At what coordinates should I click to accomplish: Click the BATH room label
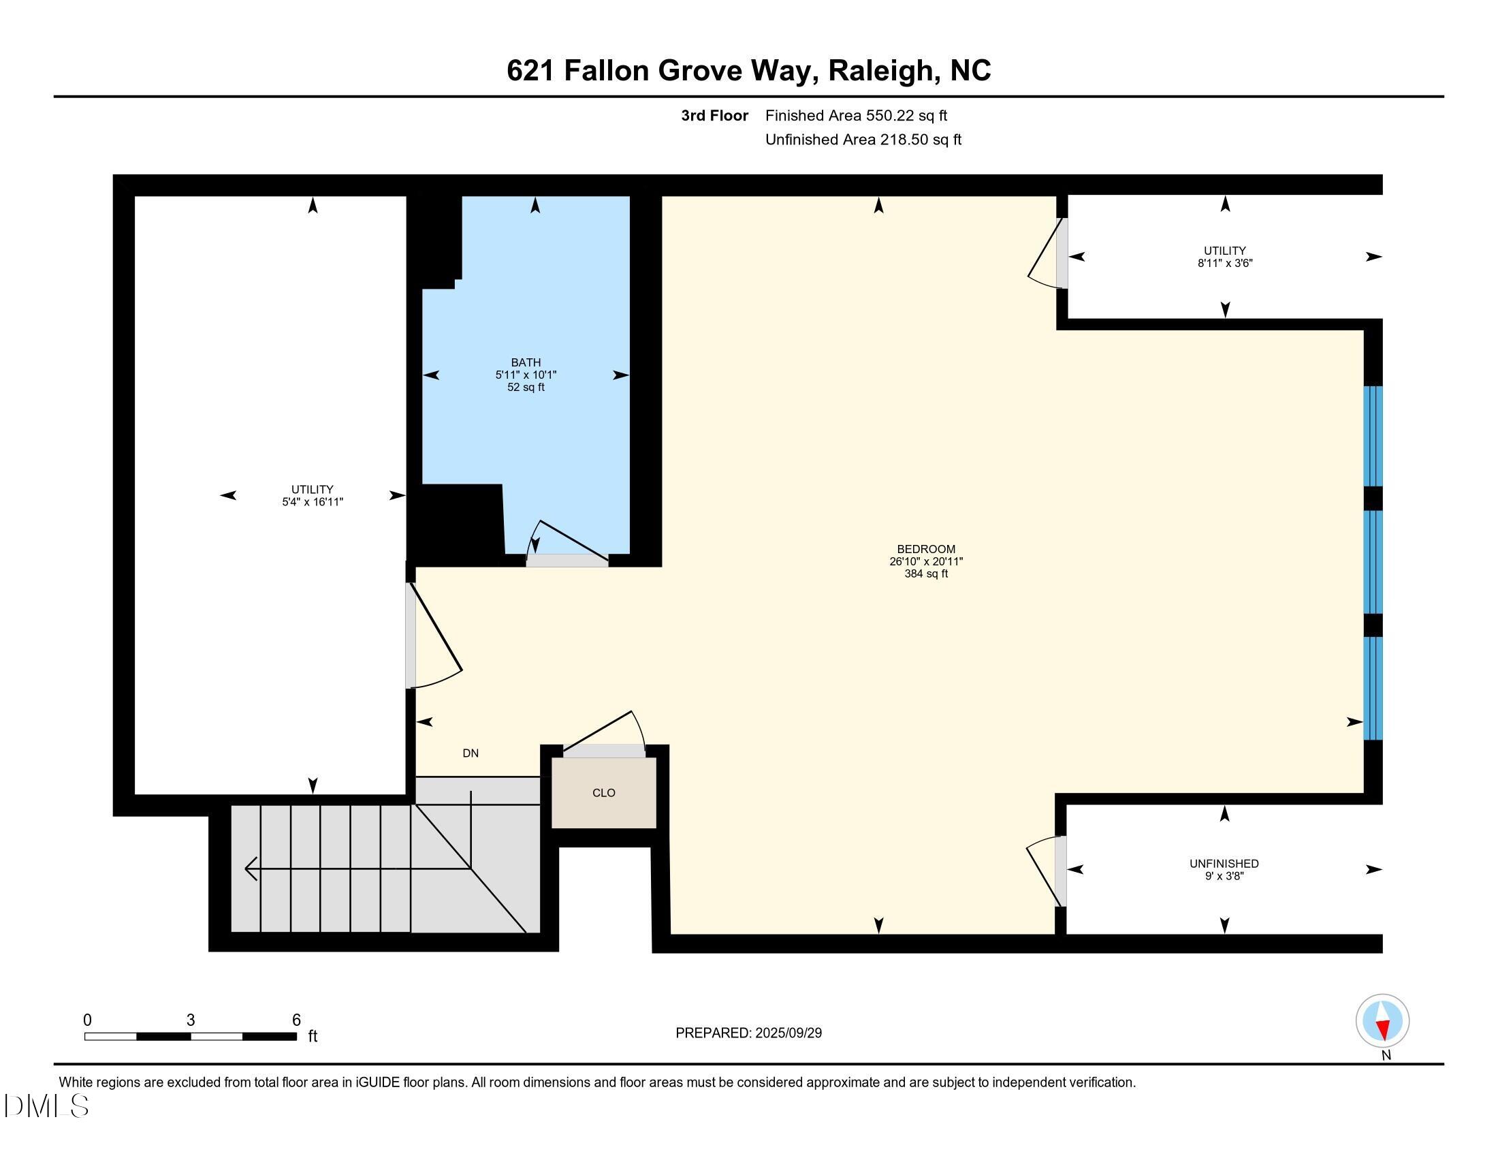coord(526,362)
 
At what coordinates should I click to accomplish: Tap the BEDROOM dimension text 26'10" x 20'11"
coord(926,561)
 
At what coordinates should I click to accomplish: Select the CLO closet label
coord(603,792)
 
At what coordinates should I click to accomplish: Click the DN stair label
coord(471,753)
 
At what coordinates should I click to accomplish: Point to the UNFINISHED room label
coord(1224,864)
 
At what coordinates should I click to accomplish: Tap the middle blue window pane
coord(1373,562)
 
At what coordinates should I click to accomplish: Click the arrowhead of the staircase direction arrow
coord(251,868)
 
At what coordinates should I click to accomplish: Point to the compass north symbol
coord(1382,1022)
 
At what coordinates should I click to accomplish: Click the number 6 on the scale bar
coord(296,1020)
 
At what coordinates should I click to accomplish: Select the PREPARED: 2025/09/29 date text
coord(748,1033)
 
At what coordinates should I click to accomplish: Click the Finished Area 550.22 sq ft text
coord(856,115)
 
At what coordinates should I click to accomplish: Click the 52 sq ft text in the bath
coord(526,387)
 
